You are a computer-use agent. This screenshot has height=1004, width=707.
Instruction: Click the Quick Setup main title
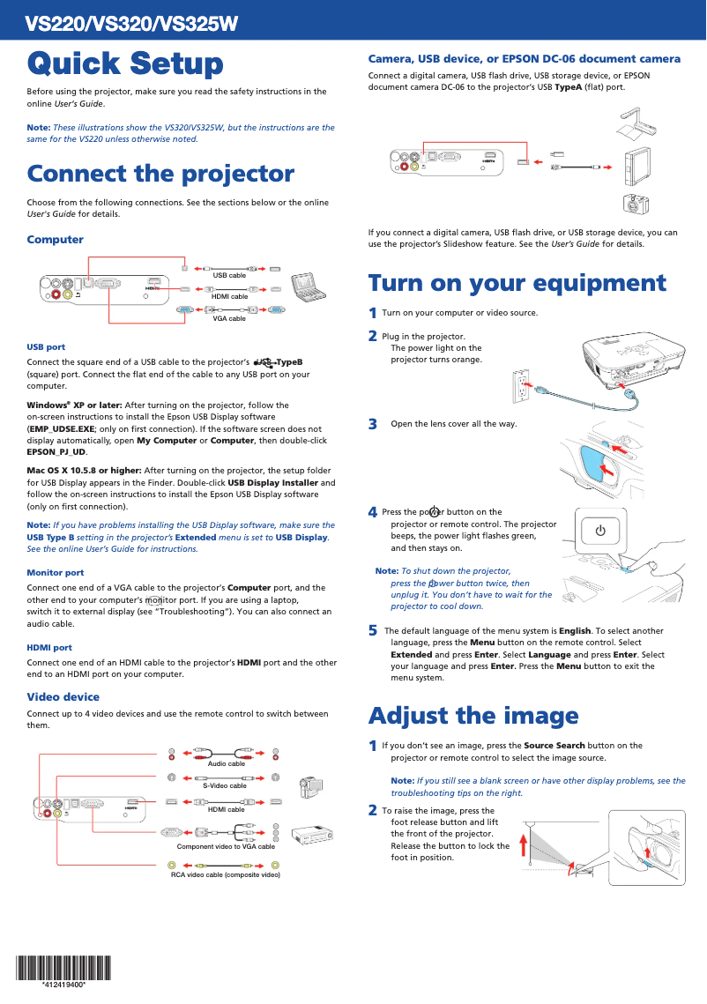point(125,63)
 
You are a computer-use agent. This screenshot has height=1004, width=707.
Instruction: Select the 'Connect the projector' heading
point(160,174)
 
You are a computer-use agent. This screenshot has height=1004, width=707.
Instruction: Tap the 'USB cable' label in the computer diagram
point(229,276)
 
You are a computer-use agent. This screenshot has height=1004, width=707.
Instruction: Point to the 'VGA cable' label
point(229,318)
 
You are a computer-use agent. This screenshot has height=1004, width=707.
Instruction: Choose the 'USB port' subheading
point(46,347)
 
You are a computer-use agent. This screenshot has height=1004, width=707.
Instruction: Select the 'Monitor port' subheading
point(56,573)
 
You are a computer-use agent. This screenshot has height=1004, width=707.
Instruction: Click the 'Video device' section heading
point(63,697)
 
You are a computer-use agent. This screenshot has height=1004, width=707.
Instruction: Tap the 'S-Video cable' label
point(225,785)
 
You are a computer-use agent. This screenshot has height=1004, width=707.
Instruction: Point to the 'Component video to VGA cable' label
point(226,846)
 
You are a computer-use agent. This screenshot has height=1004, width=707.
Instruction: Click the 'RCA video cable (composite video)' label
point(226,874)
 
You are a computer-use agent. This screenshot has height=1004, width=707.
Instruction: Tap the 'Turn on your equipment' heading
point(517,283)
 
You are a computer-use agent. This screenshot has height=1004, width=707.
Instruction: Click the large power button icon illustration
point(600,531)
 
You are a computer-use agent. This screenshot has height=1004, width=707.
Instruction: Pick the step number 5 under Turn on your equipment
point(373,631)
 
